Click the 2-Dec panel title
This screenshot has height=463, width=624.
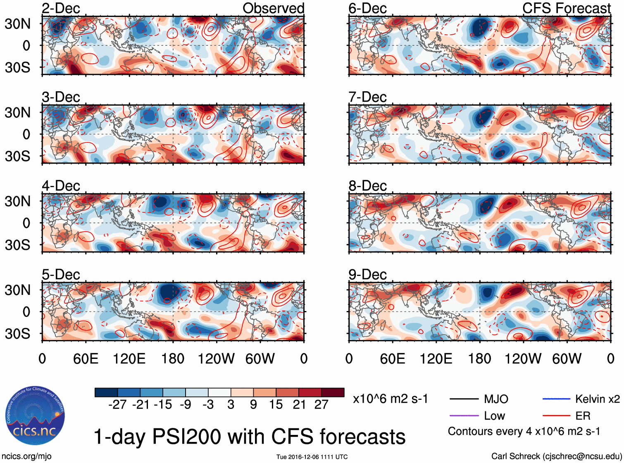click(61, 9)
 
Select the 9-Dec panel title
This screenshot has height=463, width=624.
click(367, 275)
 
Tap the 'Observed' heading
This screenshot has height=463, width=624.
click(273, 8)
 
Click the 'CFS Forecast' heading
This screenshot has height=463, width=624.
click(566, 8)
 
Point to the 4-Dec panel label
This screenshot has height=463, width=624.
click(61, 186)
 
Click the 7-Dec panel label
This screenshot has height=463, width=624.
click(367, 97)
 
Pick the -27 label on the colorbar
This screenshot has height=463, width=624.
click(117, 404)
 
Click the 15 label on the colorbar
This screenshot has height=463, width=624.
click(276, 404)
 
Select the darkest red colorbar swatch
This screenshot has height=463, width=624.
click(333, 392)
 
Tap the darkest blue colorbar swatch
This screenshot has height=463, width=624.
click(106, 392)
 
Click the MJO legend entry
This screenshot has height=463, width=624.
click(496, 399)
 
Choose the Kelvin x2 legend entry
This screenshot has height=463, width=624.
click(597, 399)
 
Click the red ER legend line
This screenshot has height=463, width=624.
click(556, 416)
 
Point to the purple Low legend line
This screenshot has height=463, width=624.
click(464, 416)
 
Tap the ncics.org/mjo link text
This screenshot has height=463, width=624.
click(26, 456)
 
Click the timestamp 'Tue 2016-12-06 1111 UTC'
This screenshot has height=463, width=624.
click(312, 457)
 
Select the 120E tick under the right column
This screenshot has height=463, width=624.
click(436, 359)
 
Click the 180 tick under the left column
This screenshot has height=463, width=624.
click(173, 359)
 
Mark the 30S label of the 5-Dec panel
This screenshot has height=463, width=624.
click(18, 334)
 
